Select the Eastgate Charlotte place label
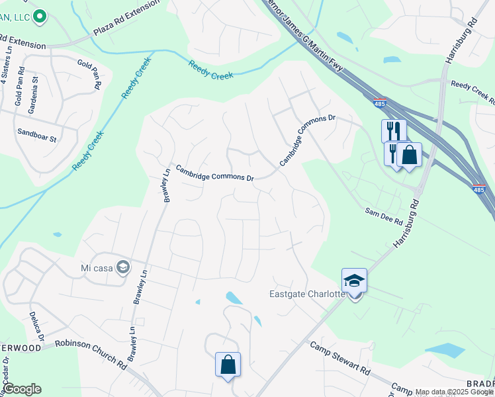[307, 294]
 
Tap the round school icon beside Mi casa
[122, 267]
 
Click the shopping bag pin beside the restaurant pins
[409, 155]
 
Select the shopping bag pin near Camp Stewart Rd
[228, 365]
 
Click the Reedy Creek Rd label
[472, 91]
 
